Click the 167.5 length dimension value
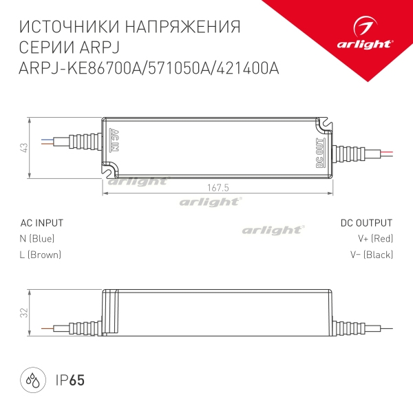[216, 187]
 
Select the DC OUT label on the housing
[319, 153]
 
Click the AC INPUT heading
[42, 223]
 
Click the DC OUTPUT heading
[366, 223]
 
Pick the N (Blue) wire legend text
[37, 239]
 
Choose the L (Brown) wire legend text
[41, 255]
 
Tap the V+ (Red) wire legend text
[375, 239]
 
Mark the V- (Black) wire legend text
[372, 255]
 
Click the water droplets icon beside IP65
[33, 379]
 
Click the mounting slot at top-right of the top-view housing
[321, 125]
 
